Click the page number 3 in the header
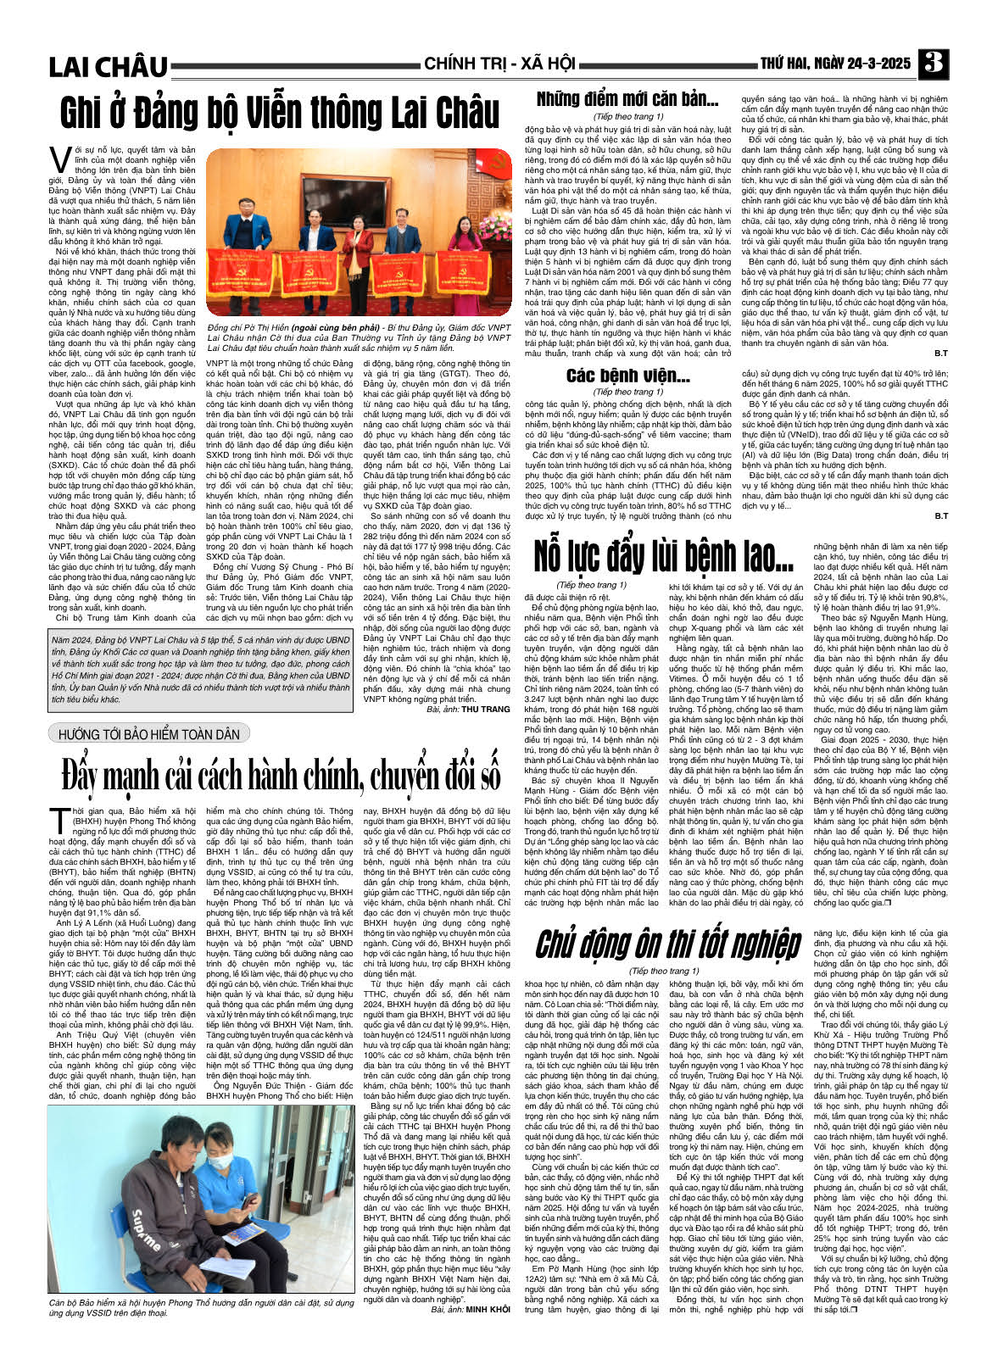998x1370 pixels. tap(933, 64)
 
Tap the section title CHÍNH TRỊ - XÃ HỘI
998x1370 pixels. tap(499, 64)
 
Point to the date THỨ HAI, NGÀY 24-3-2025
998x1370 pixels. tap(834, 64)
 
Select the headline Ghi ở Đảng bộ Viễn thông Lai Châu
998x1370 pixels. tap(280, 114)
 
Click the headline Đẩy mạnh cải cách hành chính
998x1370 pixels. tap(280, 776)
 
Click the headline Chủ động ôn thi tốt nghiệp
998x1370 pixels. tap(667, 944)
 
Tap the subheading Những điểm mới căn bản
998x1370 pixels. tap(627, 99)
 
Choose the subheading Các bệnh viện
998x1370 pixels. tap(627, 375)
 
